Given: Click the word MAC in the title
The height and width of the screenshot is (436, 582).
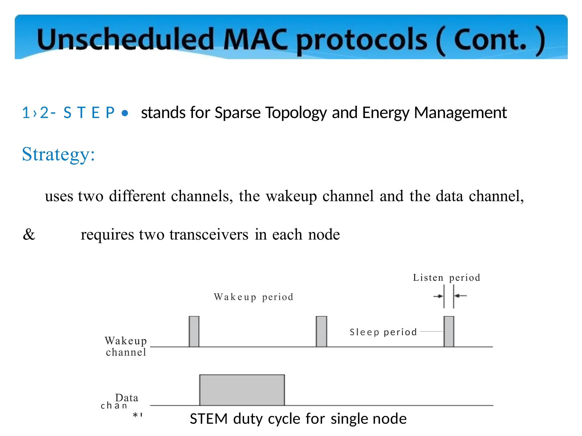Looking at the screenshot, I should (x=255, y=39).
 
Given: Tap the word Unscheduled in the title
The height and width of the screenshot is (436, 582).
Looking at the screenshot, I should (x=125, y=39).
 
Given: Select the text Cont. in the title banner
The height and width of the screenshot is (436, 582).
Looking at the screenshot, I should (x=490, y=39).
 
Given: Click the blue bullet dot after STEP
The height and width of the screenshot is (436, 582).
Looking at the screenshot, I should (x=124, y=113).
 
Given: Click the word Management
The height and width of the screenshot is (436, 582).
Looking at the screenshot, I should (x=460, y=113).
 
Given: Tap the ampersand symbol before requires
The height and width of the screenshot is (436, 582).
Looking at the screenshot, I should (x=29, y=234).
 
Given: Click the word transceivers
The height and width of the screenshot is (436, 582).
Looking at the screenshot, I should (x=209, y=234).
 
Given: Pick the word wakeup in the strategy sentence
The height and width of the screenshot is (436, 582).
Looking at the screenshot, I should (x=291, y=196).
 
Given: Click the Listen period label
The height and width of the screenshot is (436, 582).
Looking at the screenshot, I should (x=446, y=277).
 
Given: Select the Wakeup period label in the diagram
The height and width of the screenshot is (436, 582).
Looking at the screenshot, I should (x=253, y=297).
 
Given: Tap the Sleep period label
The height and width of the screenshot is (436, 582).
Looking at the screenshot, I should (x=383, y=332).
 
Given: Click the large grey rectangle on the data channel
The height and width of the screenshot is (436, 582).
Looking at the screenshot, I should (x=242, y=390).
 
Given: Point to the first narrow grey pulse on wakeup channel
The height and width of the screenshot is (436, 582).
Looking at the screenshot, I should (x=194, y=331).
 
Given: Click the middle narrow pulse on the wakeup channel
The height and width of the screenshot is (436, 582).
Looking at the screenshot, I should (x=321, y=331).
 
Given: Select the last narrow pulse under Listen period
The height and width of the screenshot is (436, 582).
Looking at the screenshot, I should (x=449, y=331).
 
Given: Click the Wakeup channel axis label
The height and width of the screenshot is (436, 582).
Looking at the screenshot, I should (x=126, y=346).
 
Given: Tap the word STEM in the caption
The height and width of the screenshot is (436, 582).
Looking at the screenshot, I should (x=209, y=419).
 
